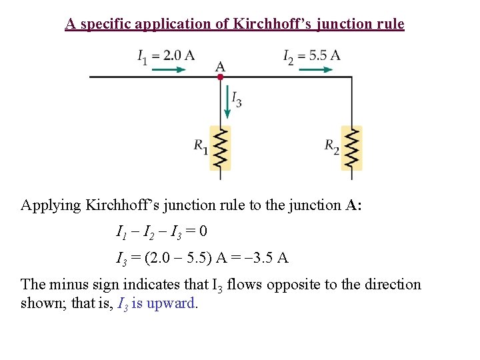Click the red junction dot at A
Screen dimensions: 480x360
tap(220, 77)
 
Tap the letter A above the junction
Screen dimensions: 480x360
tap(220, 66)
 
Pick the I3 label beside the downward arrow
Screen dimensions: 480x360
tap(237, 99)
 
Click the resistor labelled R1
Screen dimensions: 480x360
tap(220, 148)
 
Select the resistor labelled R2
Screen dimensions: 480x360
tap(351, 148)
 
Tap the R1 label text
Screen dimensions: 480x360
tap(201, 145)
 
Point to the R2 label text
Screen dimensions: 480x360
tap(332, 145)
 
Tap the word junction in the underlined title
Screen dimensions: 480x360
tap(342, 24)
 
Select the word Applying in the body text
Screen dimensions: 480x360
tap(51, 205)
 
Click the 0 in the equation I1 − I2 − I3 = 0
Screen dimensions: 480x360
tap(203, 232)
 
